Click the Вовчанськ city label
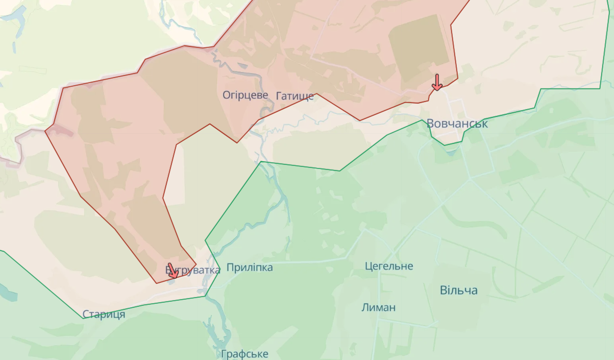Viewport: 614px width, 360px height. (x=457, y=124)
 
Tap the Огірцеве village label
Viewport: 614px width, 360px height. (x=245, y=95)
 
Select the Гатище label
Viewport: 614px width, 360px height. (x=294, y=96)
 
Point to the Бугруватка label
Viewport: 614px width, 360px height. (x=193, y=270)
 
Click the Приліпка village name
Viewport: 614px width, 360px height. (x=249, y=268)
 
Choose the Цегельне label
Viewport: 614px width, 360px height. (x=389, y=266)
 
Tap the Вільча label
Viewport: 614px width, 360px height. (x=459, y=291)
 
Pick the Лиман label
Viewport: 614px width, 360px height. (x=378, y=307)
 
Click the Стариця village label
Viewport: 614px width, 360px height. (x=104, y=315)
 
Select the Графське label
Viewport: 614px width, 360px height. (x=244, y=354)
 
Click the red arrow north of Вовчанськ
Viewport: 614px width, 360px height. (x=437, y=82)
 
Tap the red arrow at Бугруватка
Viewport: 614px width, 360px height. (x=173, y=271)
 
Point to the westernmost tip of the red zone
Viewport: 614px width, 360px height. (x=46, y=131)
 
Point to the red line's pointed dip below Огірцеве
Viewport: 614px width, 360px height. (x=237, y=142)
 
